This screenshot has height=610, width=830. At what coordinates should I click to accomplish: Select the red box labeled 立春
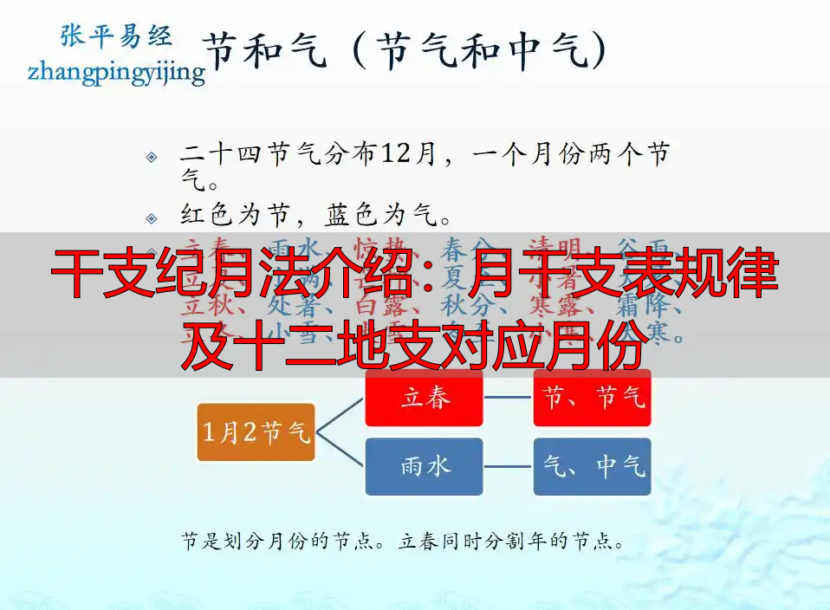tap(424, 399)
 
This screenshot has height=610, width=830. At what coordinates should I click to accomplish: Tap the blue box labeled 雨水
tap(424, 466)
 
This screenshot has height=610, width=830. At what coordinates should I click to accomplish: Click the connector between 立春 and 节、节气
tap(508, 399)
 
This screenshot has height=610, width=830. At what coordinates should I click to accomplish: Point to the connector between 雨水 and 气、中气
tap(508, 466)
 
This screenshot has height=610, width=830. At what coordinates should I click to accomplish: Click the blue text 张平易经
tap(115, 35)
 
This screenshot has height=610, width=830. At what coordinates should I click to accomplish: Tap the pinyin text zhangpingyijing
tap(116, 71)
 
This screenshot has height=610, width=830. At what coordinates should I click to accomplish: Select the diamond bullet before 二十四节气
tap(152, 157)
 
